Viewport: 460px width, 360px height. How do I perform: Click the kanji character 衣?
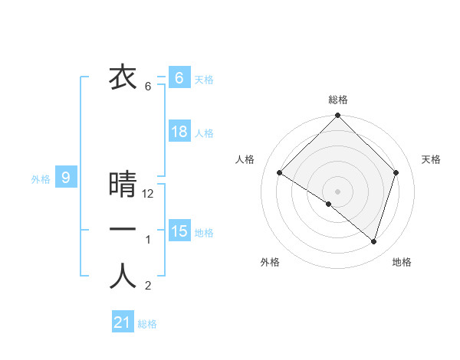123,77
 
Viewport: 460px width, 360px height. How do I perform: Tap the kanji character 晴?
123,185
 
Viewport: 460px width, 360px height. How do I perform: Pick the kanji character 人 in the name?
123,277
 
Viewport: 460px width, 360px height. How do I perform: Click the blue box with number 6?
179,77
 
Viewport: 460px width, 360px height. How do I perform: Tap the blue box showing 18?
179,132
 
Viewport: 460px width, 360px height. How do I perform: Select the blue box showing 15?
179,231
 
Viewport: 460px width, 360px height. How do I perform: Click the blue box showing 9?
66,178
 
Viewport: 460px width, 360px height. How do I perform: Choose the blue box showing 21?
123,322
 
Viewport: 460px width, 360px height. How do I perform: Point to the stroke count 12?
149,195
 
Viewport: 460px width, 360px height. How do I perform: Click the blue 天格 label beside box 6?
204,80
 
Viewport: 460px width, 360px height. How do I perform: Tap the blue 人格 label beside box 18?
204,133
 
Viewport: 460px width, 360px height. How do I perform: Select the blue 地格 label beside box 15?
204,233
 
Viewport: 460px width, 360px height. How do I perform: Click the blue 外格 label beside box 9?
41,180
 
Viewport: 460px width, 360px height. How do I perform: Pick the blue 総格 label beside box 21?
147,324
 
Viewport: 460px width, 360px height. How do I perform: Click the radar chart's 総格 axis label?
337,100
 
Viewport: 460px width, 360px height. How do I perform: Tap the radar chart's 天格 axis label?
432,159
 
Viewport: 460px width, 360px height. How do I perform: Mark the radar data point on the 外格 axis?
329,204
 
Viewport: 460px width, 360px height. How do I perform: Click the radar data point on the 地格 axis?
374,241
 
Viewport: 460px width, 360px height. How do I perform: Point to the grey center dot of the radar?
337,191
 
